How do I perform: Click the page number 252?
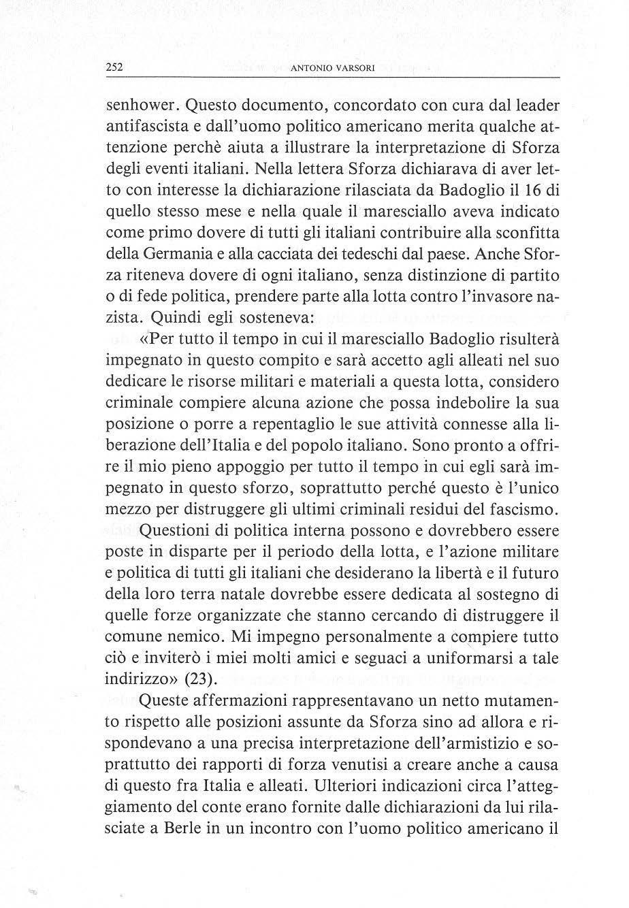[114, 67]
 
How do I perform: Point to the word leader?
[534, 106]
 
